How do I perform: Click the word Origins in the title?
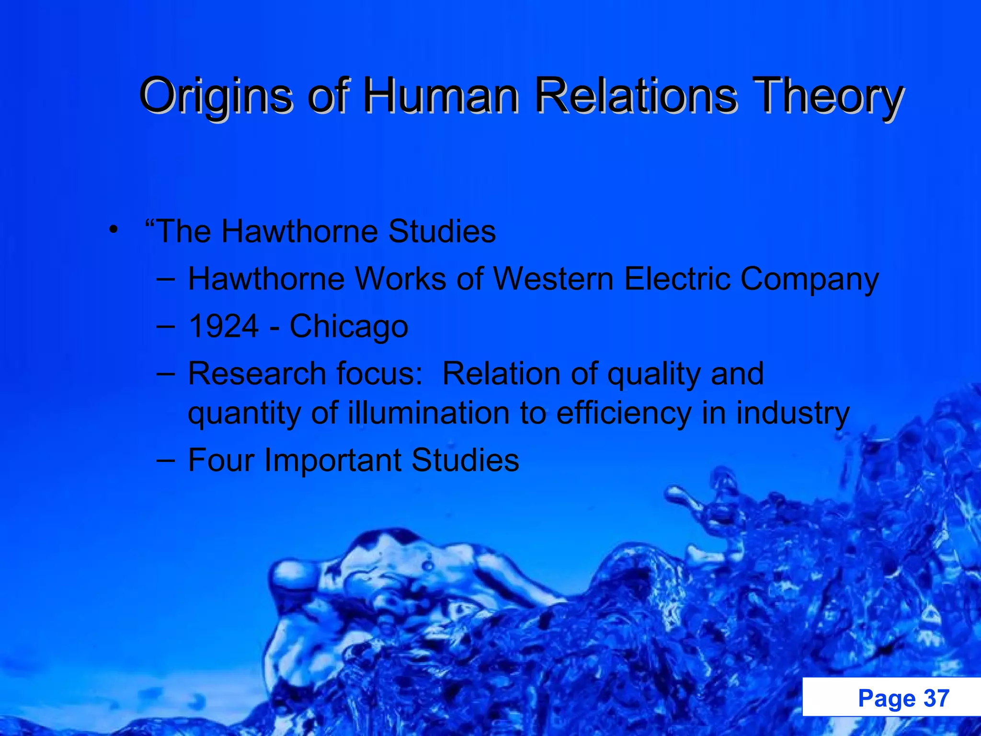(x=215, y=96)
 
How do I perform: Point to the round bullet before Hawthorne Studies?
(x=113, y=230)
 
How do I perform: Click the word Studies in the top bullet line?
(x=442, y=231)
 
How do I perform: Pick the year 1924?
(x=224, y=326)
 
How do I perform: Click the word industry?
(x=793, y=414)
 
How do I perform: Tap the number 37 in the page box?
(x=936, y=698)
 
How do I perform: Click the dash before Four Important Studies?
(x=165, y=460)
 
